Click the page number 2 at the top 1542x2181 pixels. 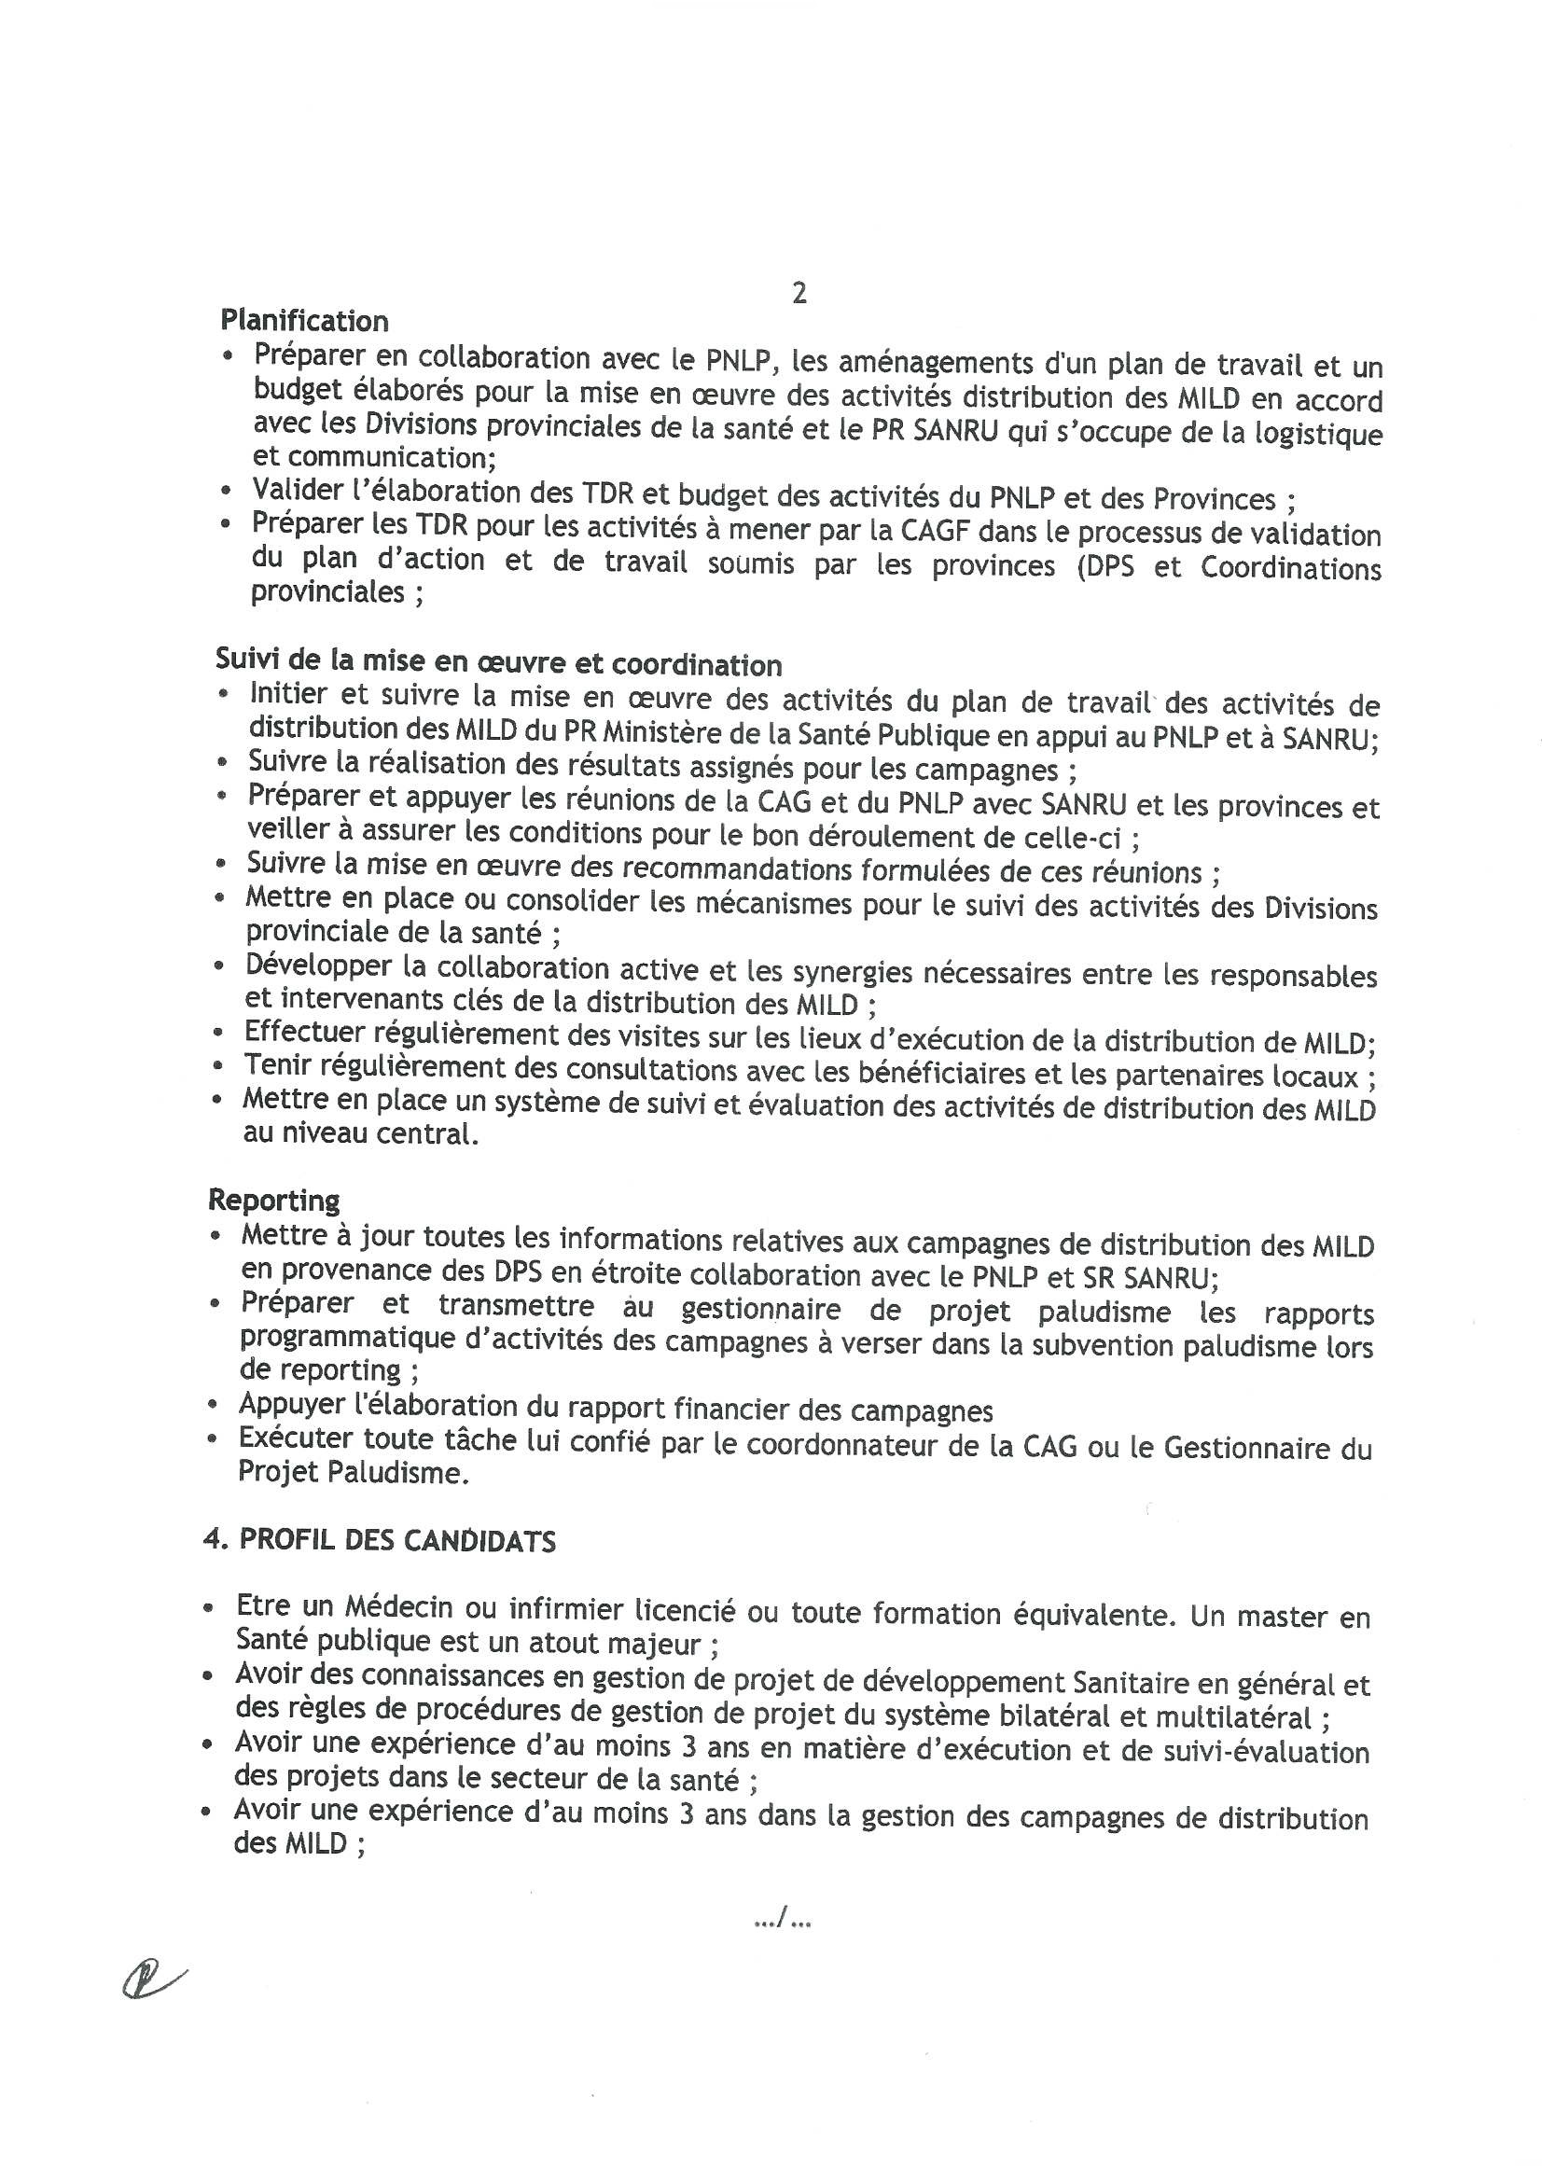click(799, 295)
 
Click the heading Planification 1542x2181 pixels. click(304, 320)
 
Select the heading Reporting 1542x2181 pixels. click(273, 1200)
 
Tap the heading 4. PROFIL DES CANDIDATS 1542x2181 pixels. click(380, 1540)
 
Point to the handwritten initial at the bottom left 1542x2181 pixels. click(152, 1980)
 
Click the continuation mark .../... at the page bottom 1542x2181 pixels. click(781, 1921)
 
